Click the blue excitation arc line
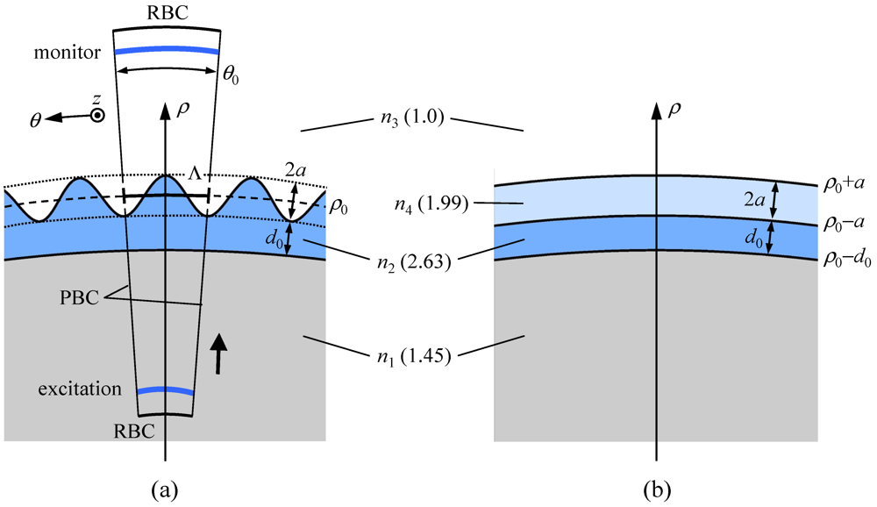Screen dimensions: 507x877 pyautogui.click(x=165, y=389)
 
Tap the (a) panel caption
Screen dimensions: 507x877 pyautogui.click(x=165, y=485)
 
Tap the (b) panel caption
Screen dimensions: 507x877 pyautogui.click(x=656, y=485)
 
